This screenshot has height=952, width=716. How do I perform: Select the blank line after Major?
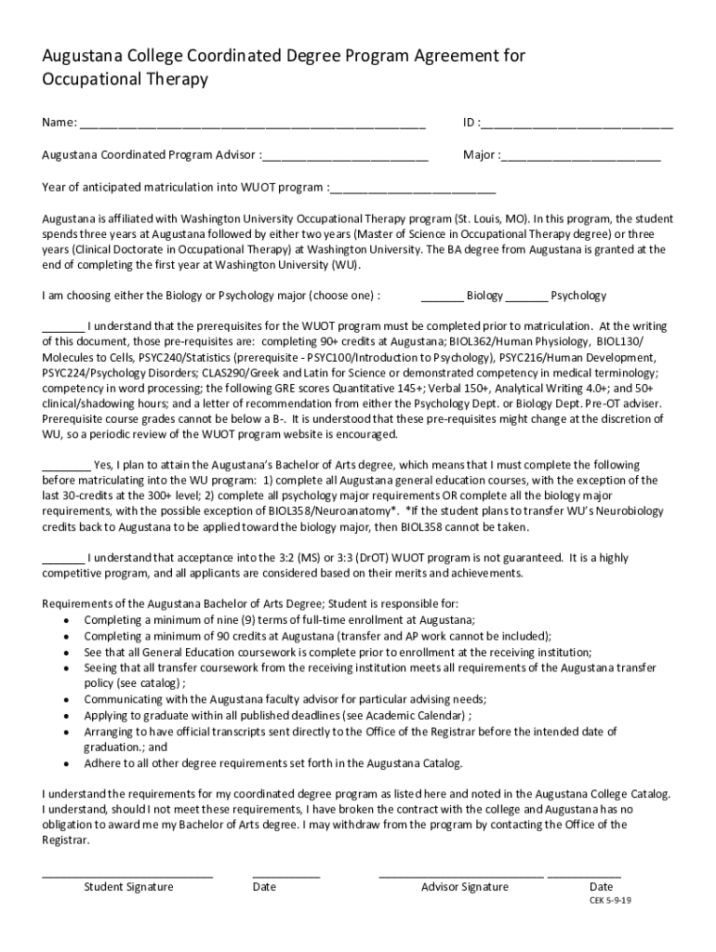pos(581,156)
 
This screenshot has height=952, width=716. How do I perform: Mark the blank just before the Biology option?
pos(443,297)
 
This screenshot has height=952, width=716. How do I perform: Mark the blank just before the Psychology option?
pos(527,297)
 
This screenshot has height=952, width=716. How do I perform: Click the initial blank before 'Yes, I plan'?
pos(66,466)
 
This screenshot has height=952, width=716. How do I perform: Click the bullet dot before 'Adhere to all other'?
pos(66,763)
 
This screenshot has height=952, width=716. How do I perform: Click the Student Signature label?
pos(128,886)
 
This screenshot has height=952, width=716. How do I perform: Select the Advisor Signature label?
pos(464,886)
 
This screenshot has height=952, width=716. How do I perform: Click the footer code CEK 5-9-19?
pos(612,902)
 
